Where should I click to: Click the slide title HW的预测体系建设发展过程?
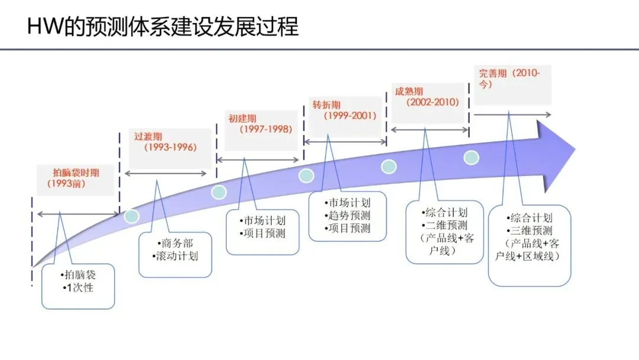[163, 27]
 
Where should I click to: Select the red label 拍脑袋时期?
[76, 173]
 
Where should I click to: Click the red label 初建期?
[243, 118]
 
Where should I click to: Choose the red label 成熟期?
[409, 92]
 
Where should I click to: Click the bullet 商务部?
[176, 243]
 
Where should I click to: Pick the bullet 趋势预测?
[347, 215]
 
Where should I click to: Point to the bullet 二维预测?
[444, 225]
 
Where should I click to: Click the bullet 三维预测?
[530, 231]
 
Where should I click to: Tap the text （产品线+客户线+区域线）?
[530, 250]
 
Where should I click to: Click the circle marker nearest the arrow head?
[471, 157]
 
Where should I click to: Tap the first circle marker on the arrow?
[131, 216]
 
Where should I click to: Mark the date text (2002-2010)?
[433, 102]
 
